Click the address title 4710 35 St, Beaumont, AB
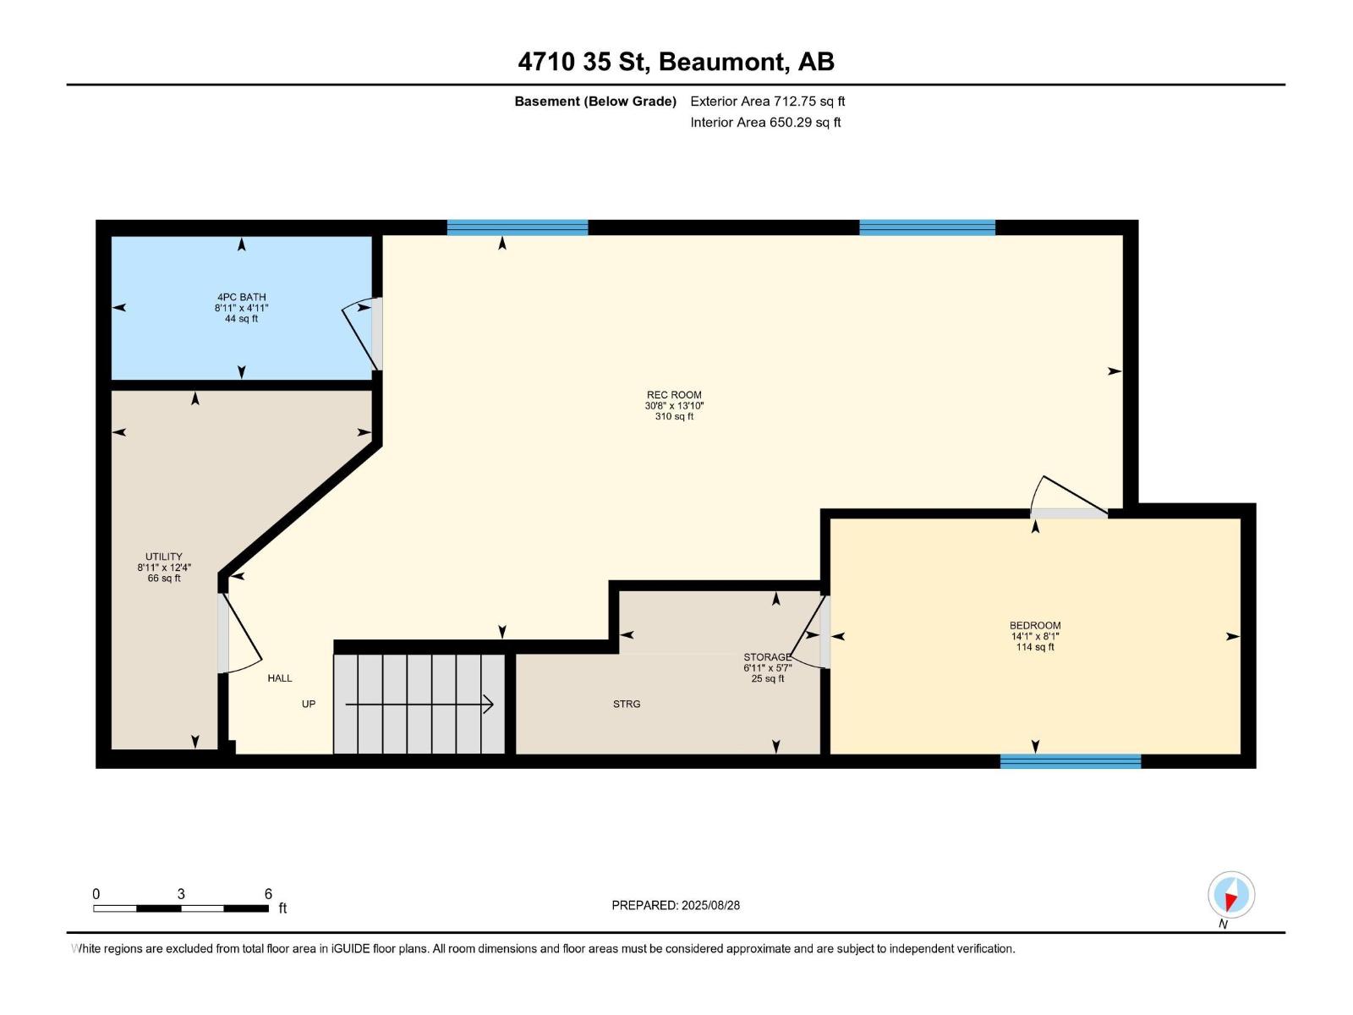click(x=676, y=62)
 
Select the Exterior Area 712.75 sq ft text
click(x=767, y=101)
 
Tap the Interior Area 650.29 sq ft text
click(x=765, y=123)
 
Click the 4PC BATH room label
click(x=241, y=297)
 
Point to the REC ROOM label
click(x=674, y=395)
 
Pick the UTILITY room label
click(x=163, y=557)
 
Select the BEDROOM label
click(x=1034, y=626)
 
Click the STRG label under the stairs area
click(x=627, y=704)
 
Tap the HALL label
click(x=280, y=678)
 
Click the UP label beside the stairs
click(x=309, y=705)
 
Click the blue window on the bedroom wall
click(x=1070, y=761)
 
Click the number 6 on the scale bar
click(x=268, y=894)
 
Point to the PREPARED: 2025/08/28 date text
click(x=676, y=905)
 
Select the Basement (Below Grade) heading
click(x=595, y=101)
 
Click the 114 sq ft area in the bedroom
click(x=1034, y=648)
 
